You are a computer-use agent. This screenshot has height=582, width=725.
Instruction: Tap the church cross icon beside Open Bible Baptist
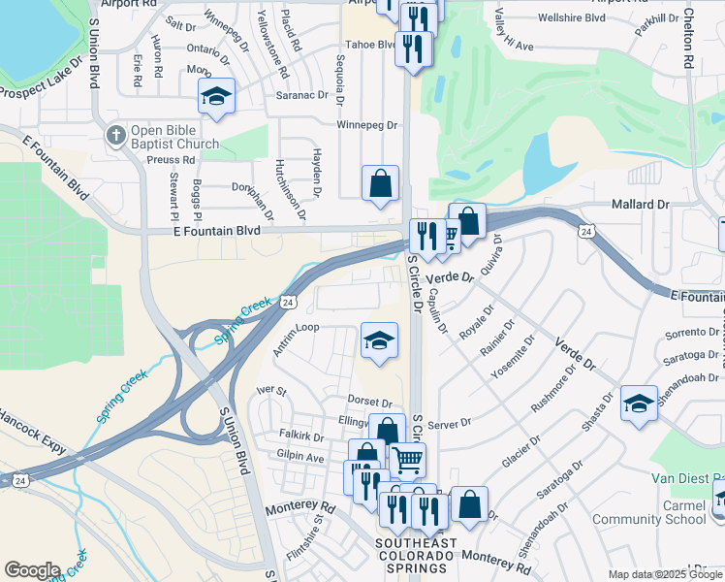pos(115,135)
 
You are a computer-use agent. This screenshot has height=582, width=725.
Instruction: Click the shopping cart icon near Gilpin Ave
pos(408,459)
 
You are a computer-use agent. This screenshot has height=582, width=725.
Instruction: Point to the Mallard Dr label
pos(641,205)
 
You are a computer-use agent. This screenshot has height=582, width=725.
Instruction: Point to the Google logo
pos(32,570)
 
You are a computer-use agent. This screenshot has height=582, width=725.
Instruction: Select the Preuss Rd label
pos(174,162)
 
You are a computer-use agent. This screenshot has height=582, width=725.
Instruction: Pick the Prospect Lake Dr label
pos(46,90)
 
